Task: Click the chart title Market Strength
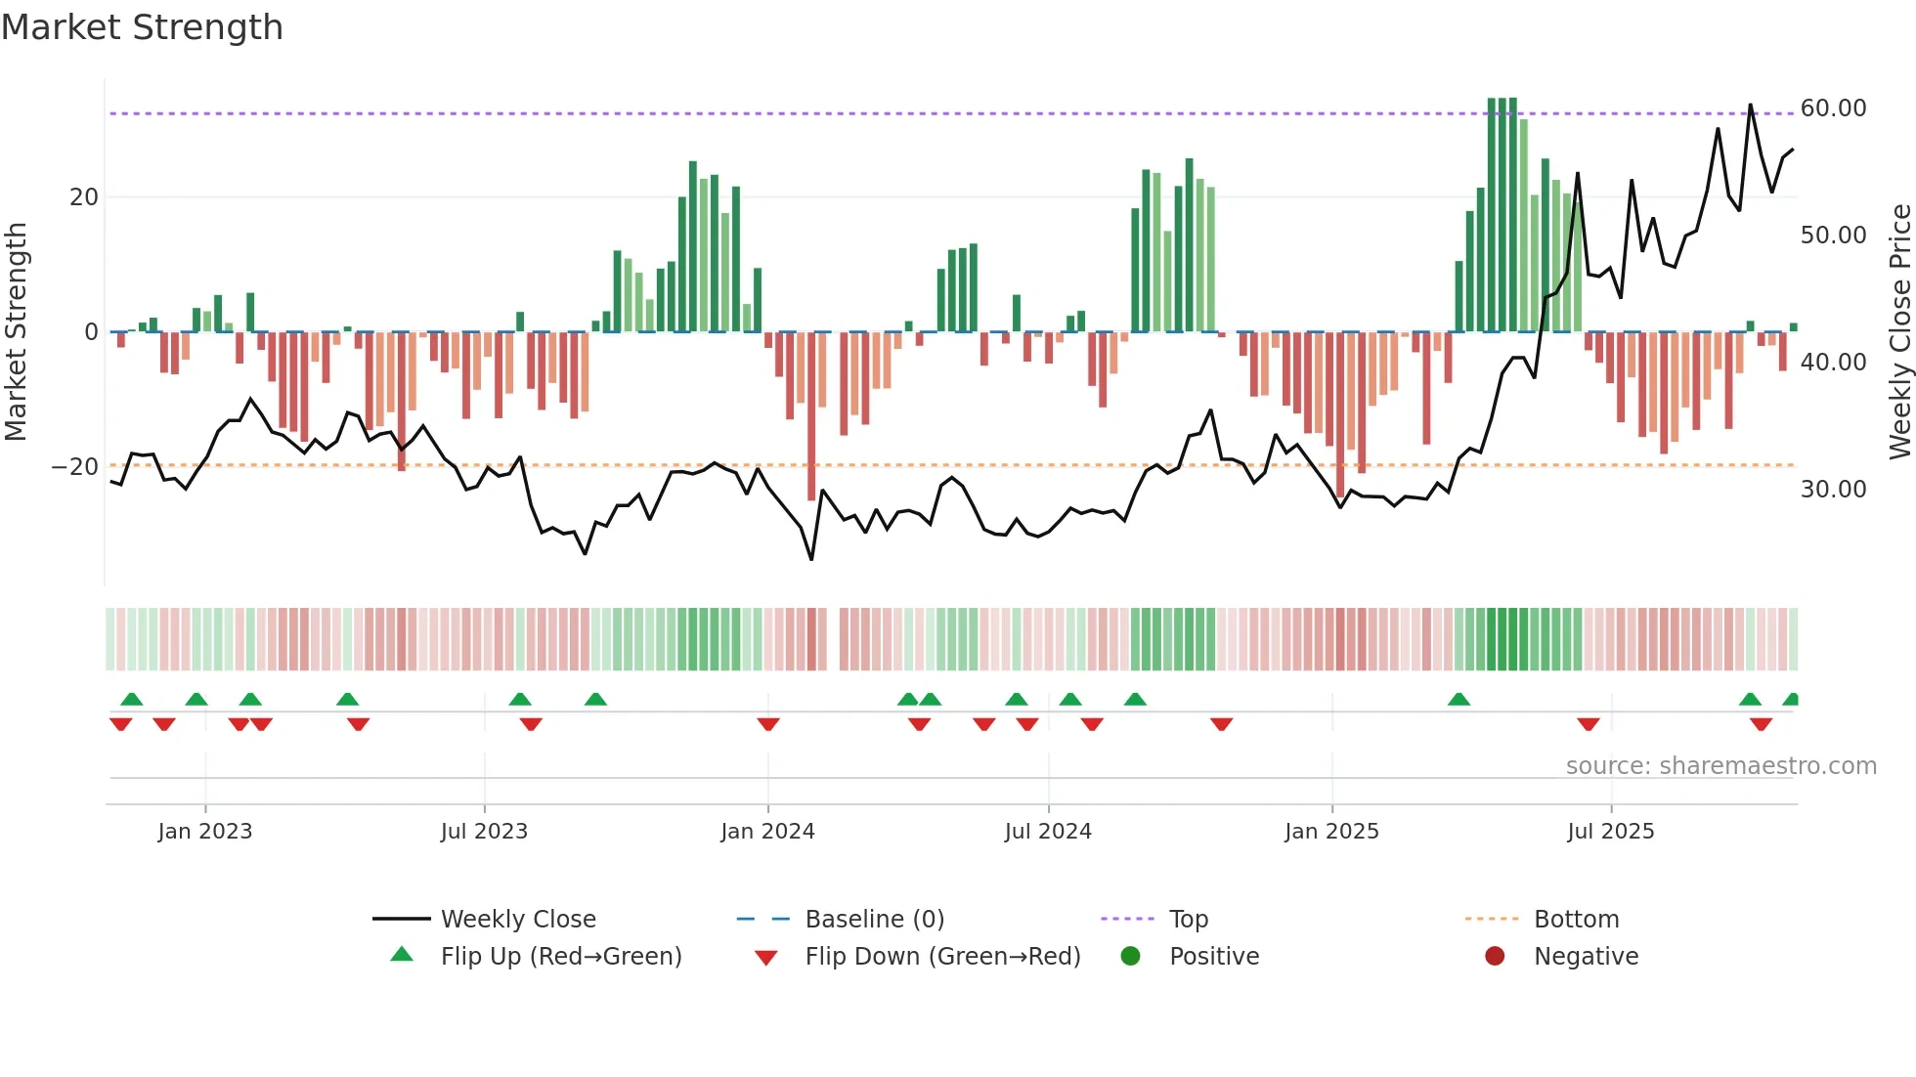[x=142, y=27]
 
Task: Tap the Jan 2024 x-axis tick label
[x=767, y=832]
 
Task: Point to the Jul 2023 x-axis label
[x=484, y=832]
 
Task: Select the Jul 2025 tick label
[x=1610, y=832]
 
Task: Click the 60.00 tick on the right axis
[x=1833, y=108]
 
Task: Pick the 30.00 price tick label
[x=1833, y=490]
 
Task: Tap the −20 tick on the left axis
[x=75, y=467]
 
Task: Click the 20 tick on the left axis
[x=84, y=197]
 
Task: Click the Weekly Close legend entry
[x=517, y=920]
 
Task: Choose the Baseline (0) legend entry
[x=874, y=920]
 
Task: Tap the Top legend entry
[x=1188, y=920]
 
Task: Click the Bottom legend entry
[x=1576, y=920]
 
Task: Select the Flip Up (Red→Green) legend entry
[x=560, y=957]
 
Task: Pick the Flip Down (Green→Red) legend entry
[x=942, y=957]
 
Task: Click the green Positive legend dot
[x=1131, y=956]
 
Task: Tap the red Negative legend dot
[x=1495, y=956]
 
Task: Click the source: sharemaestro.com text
[x=1720, y=766]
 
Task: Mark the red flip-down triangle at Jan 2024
[x=768, y=724]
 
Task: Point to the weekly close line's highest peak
[x=1750, y=105]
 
